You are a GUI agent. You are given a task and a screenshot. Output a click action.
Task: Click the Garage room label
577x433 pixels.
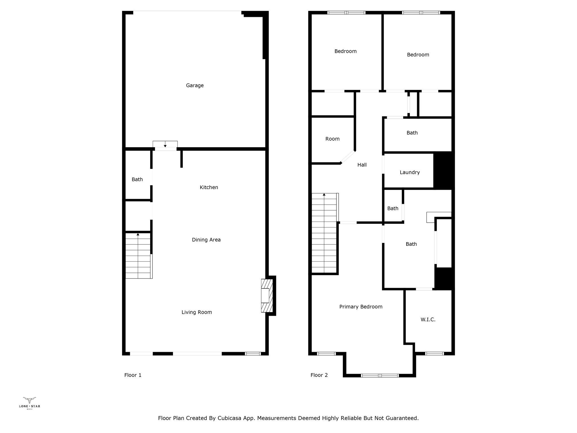pos(195,85)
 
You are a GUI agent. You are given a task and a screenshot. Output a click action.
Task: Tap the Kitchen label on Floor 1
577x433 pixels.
pos(209,187)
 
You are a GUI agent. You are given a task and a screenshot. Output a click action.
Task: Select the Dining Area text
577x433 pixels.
pos(206,240)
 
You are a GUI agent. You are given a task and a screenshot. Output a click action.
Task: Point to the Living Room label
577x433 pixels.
pos(197,312)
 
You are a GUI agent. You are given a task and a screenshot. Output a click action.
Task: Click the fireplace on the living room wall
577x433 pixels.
pos(267,295)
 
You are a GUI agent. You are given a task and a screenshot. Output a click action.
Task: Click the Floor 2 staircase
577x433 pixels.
pos(325,233)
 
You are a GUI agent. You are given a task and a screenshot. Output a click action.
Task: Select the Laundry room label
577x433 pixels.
pos(410,172)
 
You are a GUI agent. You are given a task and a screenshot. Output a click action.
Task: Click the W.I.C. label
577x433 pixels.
pos(428,319)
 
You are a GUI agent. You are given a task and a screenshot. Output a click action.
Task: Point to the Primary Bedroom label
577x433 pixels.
pos(361,307)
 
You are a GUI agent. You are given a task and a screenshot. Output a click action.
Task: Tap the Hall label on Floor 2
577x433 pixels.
pos(362,165)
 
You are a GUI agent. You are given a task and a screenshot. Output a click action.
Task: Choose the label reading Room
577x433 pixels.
pos(332,139)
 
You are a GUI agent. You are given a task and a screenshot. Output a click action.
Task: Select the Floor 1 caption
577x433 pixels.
pos(133,375)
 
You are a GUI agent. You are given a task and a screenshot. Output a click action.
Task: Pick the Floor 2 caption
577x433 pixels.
pos(319,375)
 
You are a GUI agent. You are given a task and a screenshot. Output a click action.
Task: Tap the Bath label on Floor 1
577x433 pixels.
pos(137,179)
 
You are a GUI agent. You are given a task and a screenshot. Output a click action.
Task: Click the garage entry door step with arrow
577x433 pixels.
pos(165,144)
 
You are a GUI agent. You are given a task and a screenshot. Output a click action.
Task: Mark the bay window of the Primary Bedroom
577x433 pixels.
pos(380,375)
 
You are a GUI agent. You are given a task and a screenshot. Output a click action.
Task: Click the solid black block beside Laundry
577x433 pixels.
pos(443,170)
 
